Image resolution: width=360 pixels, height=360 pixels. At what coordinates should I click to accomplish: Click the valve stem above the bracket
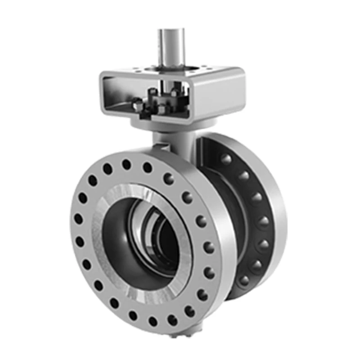click(171, 45)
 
